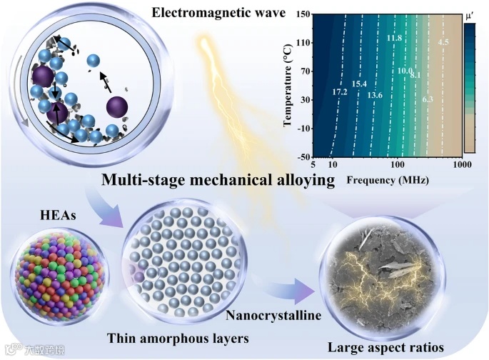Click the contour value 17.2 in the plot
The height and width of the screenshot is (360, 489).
point(340,92)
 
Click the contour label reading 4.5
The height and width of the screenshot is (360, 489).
point(443,44)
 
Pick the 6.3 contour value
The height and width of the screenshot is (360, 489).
point(428,99)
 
